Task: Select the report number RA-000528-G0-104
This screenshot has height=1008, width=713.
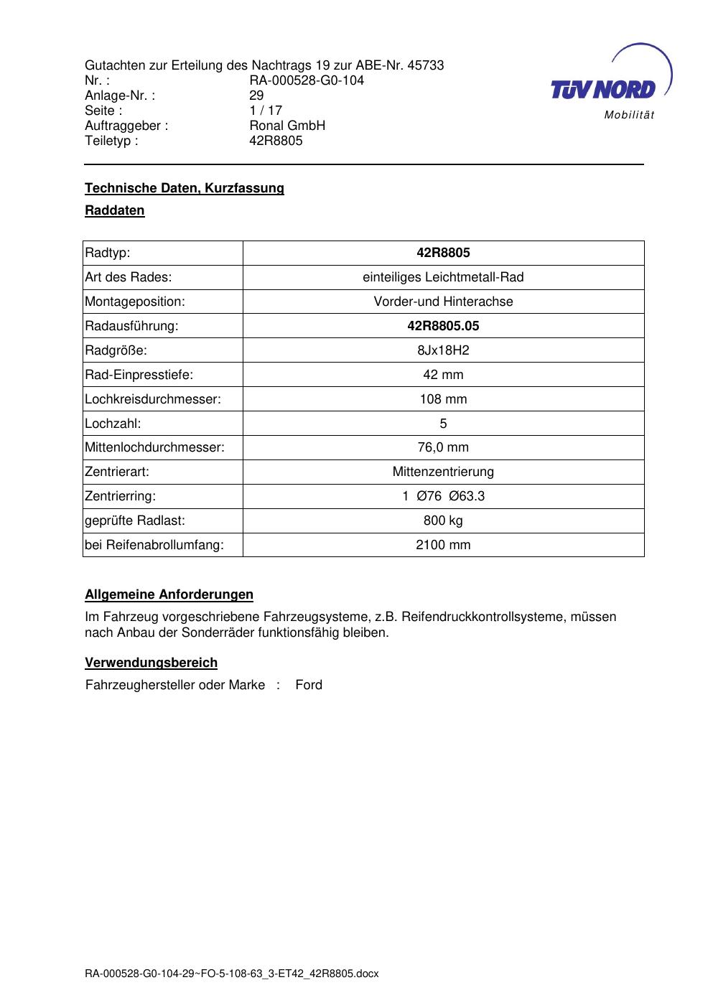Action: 307,80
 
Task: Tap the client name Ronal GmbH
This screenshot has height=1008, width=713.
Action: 287,126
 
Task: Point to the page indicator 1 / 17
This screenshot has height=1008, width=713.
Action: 266,111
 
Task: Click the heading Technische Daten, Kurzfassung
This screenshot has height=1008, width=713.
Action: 185,188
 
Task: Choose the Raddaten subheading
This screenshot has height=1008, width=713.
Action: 115,210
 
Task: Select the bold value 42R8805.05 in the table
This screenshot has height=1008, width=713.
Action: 443,326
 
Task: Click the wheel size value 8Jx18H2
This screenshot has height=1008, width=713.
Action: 443,350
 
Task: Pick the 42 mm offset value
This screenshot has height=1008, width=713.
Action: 443,375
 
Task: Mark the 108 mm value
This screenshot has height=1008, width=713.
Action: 443,399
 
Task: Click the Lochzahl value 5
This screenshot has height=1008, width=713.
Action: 443,424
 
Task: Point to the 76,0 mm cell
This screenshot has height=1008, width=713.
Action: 443,447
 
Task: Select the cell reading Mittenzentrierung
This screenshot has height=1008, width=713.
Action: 443,472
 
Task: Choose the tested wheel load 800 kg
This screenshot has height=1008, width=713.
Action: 443,521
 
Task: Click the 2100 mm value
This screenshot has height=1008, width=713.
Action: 443,545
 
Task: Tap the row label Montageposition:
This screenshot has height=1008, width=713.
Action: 135,302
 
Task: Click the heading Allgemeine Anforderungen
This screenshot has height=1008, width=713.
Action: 169,594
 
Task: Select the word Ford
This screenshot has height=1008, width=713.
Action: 309,685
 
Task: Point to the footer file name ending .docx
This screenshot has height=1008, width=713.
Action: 231,974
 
